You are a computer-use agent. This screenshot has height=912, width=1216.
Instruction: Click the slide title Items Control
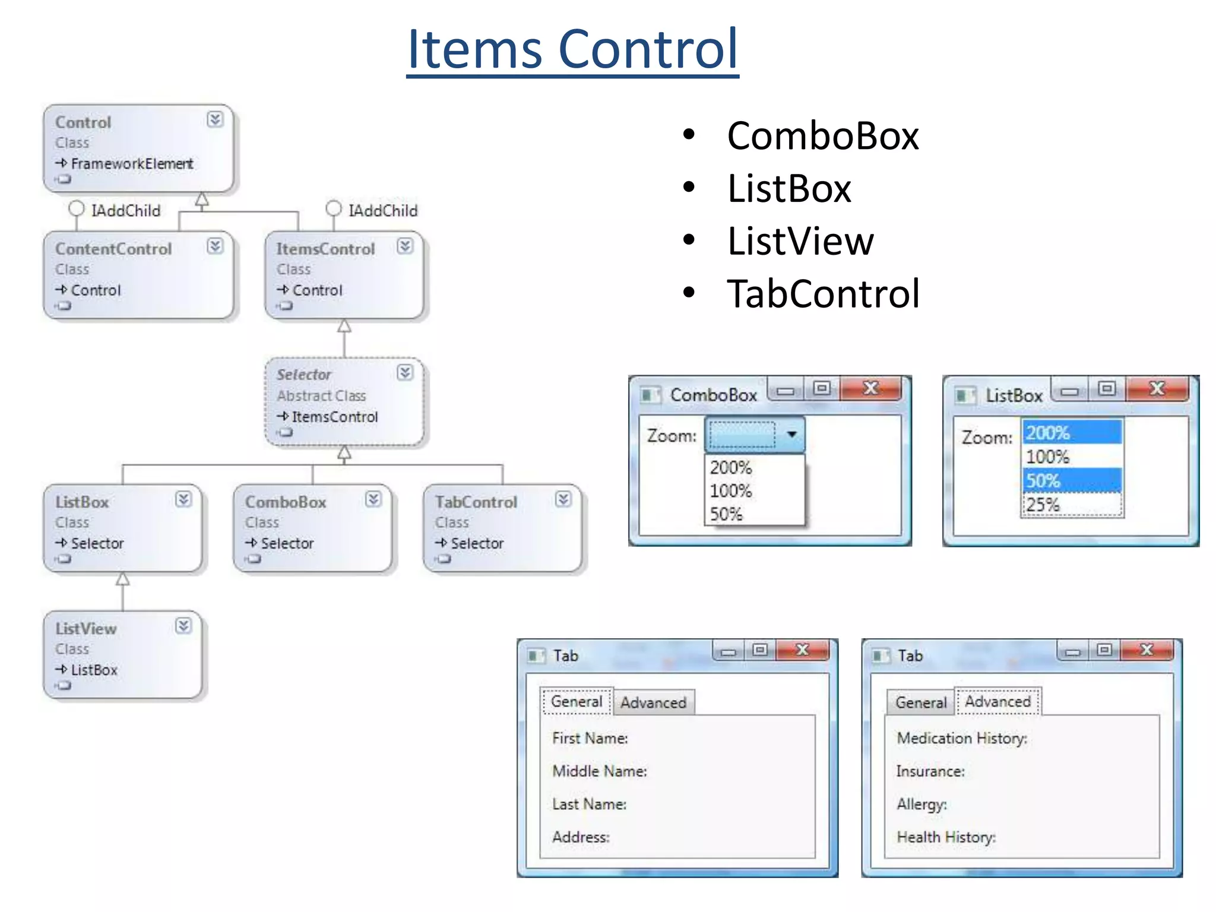click(x=572, y=49)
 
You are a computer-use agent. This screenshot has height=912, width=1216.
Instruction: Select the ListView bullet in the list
click(x=800, y=241)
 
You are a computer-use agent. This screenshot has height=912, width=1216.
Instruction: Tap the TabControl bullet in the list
click(x=823, y=293)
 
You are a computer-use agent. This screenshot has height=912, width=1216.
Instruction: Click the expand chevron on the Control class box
click(x=215, y=119)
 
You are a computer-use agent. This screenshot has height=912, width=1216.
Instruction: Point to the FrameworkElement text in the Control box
click(x=132, y=163)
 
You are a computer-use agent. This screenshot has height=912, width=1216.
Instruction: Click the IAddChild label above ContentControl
click(x=125, y=211)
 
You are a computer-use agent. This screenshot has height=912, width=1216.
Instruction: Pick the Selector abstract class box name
click(x=303, y=375)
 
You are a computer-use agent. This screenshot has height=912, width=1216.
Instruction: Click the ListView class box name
click(x=86, y=628)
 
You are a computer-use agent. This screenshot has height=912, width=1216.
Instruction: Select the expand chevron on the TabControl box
click(x=563, y=499)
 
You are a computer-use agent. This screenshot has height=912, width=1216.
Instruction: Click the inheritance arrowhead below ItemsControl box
click(x=344, y=327)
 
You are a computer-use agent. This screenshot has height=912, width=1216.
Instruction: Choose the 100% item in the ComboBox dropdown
click(x=731, y=491)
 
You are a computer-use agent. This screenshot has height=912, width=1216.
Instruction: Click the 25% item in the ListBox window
click(x=1044, y=505)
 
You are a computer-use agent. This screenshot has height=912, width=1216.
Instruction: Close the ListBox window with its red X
click(x=1157, y=389)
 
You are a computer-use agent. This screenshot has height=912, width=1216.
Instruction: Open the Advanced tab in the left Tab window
click(x=653, y=702)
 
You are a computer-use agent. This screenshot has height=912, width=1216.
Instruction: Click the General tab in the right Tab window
click(x=920, y=702)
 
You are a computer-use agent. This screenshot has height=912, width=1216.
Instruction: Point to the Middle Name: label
click(x=599, y=771)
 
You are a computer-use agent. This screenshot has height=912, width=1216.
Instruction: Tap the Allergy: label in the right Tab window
click(x=921, y=804)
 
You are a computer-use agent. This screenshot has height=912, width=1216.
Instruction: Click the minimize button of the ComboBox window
click(x=786, y=391)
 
